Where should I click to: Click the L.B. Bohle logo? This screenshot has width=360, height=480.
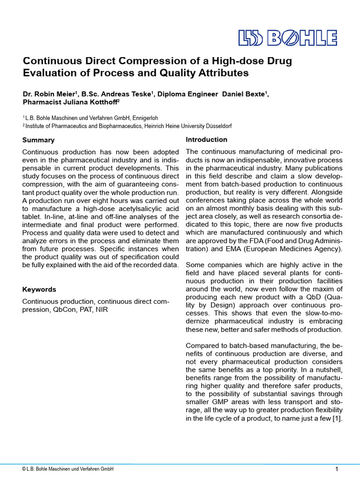coord(287,38)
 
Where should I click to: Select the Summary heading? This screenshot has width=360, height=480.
coord(38,140)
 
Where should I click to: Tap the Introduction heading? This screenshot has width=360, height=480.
coord(206,140)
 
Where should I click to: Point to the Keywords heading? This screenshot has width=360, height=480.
coord(39,290)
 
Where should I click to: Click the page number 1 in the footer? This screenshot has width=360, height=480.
coord(337,469)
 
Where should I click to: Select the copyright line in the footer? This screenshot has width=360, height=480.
coord(67,469)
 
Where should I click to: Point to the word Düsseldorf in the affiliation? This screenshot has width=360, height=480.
coord(216,126)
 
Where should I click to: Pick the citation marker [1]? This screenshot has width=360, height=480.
coord(337,419)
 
